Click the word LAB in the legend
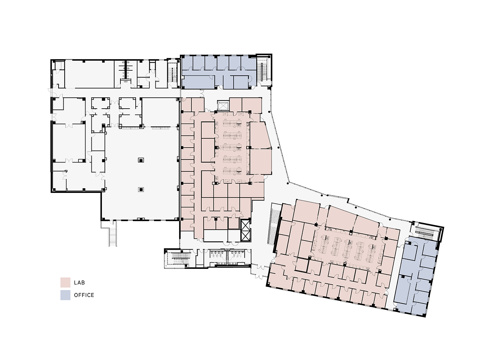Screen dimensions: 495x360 (79, 283)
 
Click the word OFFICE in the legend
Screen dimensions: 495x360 (84, 295)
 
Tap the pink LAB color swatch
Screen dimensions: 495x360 (65, 282)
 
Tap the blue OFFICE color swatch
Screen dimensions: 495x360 (65, 295)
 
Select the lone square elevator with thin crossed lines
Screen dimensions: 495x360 (222, 105)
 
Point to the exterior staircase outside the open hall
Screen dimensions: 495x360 (112, 233)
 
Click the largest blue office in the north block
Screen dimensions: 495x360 (198, 82)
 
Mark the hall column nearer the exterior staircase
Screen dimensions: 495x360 (141, 190)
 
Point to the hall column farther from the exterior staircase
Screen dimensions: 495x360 (141, 160)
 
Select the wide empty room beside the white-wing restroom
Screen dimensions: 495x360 (89, 74)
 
